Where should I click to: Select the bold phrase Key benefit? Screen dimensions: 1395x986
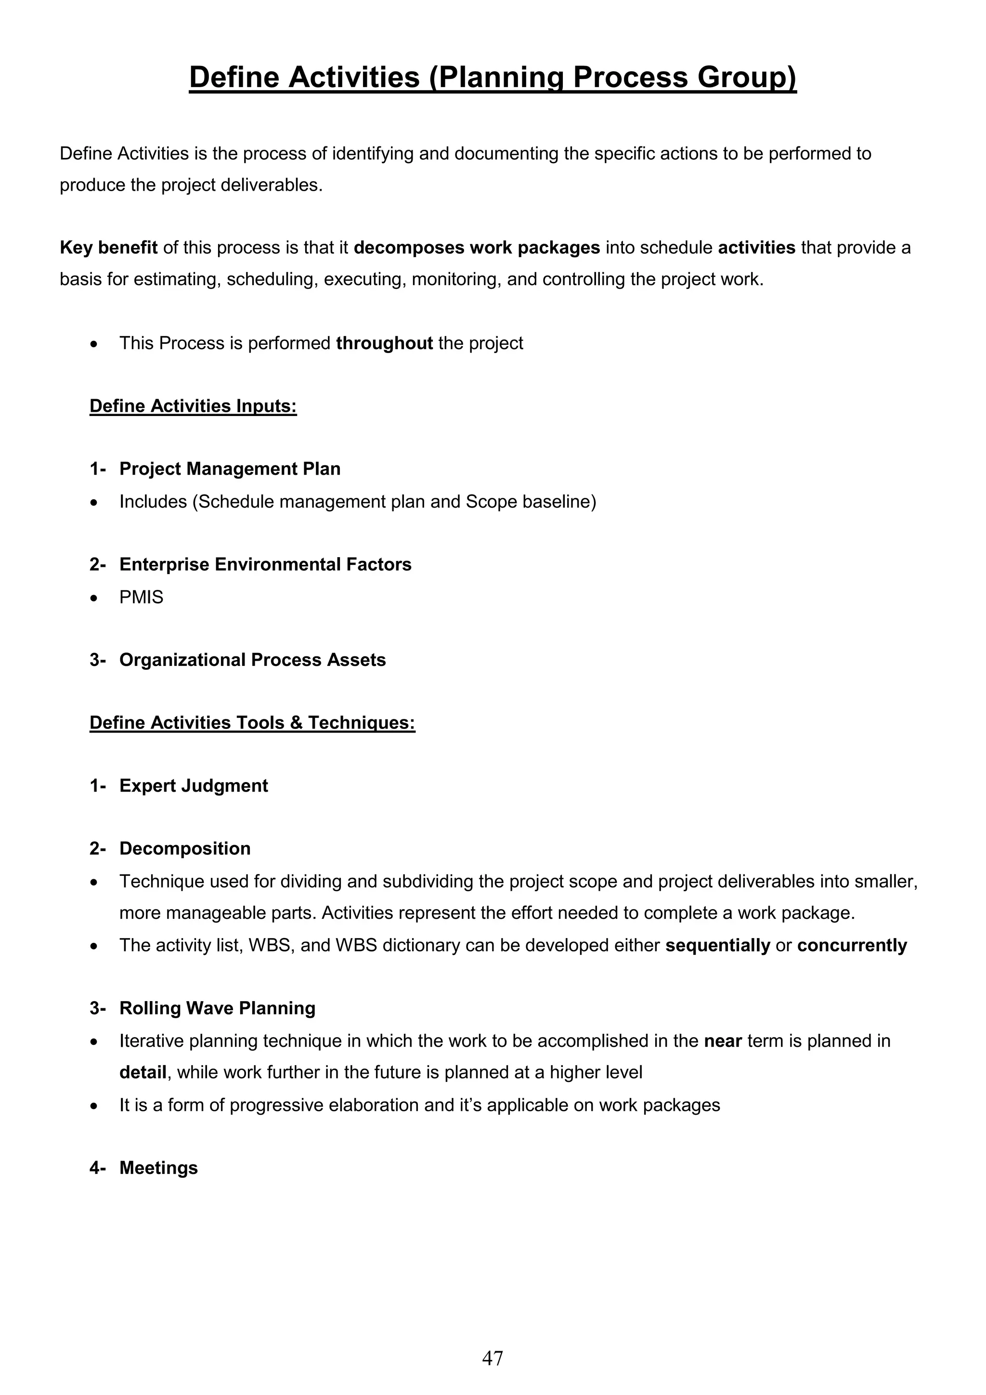pos(108,248)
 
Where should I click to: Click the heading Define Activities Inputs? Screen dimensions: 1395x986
pos(193,406)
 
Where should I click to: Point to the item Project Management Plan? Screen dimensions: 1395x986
pos(230,469)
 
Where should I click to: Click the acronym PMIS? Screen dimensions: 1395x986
pos(141,597)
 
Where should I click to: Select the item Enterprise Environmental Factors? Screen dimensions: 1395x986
pos(265,564)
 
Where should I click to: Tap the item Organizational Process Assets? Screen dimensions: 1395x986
pos(252,660)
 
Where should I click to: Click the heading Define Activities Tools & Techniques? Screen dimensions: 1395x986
pos(252,722)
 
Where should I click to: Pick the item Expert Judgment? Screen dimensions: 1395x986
pos(193,785)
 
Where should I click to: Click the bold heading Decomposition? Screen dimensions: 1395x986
pos(185,849)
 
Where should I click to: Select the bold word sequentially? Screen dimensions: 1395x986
pos(717,945)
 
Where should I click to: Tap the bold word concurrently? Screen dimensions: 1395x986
pos(852,945)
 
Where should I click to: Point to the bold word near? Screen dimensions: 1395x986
pos(723,1042)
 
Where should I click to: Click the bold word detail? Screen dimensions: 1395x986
pos(143,1073)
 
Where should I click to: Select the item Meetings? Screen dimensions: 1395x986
pos(158,1168)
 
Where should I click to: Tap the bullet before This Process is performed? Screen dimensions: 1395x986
pos(93,344)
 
